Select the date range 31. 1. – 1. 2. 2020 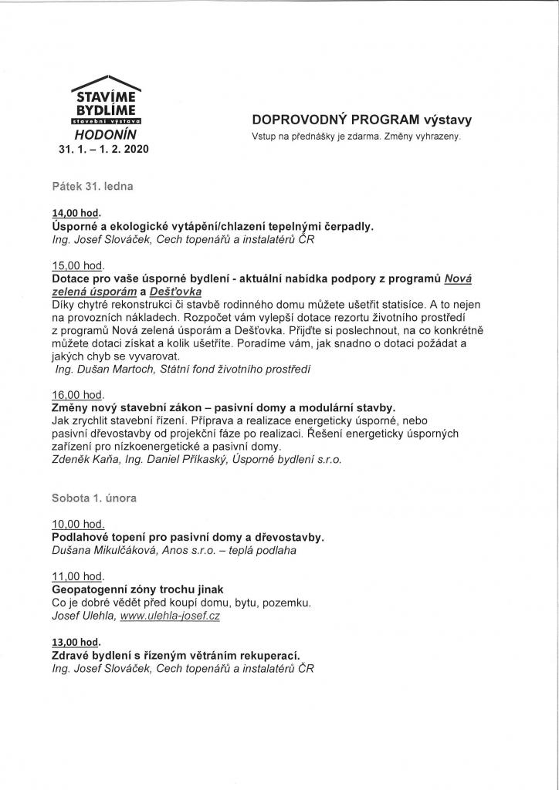click(103, 148)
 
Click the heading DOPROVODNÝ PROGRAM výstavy click(361, 120)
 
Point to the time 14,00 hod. click(77, 213)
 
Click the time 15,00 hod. click(77, 265)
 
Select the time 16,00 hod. click(77, 393)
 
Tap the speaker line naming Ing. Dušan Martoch click(182, 370)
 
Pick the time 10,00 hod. click(77, 524)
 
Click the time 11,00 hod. click(77, 576)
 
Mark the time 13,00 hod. click(77, 642)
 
